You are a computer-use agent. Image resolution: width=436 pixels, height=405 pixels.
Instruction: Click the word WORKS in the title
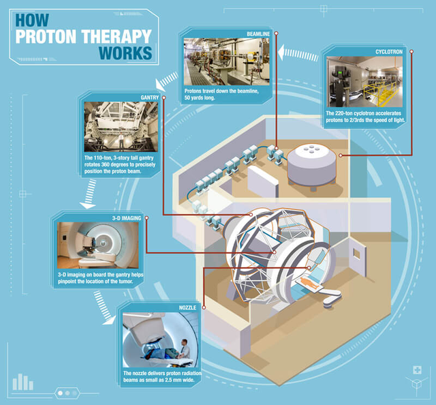(125, 53)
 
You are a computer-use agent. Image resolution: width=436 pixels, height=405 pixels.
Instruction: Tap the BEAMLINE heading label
(258, 34)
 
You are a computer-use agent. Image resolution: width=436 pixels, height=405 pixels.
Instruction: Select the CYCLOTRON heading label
(389, 52)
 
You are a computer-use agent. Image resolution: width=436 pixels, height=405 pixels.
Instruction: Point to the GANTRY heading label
(150, 97)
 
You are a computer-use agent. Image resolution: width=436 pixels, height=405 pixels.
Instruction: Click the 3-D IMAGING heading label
(127, 218)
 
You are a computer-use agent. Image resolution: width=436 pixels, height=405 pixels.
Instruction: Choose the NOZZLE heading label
(187, 307)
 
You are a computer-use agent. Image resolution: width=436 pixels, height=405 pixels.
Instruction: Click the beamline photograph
(226, 61)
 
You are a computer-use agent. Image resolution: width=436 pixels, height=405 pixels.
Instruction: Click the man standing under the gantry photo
(121, 141)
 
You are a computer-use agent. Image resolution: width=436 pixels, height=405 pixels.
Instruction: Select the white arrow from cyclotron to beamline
(298, 53)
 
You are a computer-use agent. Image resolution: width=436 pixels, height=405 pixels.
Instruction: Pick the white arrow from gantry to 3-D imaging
(89, 194)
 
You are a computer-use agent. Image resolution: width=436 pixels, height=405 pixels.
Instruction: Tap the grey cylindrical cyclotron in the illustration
(311, 166)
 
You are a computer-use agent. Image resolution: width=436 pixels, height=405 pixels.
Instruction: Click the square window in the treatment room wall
(356, 254)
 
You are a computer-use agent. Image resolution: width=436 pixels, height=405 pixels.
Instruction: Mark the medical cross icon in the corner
(418, 370)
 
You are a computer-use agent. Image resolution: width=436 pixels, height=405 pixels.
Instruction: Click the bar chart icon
(22, 382)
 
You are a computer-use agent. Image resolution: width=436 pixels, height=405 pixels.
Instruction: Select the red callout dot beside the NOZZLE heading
(204, 307)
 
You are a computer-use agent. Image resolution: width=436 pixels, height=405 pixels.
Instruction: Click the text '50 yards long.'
(200, 98)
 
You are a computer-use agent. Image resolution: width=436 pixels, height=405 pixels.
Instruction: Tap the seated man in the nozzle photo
(184, 348)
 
